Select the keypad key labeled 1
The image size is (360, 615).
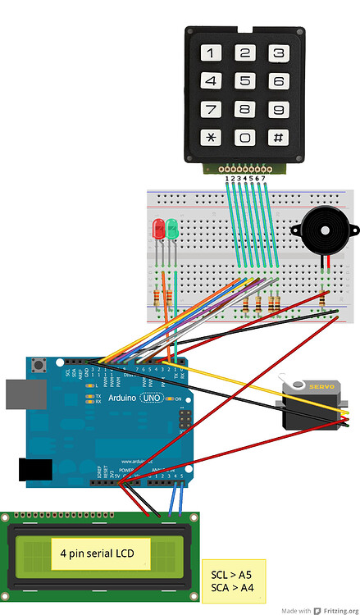[x=212, y=54]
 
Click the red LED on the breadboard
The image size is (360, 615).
[x=158, y=229]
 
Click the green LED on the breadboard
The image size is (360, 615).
[x=172, y=229]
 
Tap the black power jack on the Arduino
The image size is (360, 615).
[x=34, y=469]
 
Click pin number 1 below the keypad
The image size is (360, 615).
[x=227, y=177]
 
